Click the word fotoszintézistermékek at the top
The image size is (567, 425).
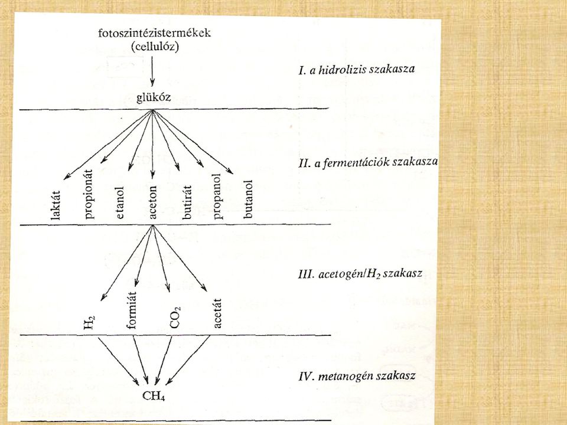[154, 33]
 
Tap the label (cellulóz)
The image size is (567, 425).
[155, 47]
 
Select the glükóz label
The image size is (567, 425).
[154, 98]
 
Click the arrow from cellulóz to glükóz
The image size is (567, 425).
[152, 71]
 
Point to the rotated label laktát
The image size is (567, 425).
[56, 205]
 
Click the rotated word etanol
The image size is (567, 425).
[120, 202]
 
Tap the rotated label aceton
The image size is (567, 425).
[152, 202]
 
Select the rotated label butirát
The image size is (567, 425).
[187, 202]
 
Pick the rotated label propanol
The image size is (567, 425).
[217, 197]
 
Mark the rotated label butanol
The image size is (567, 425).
[248, 199]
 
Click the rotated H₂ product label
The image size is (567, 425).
[89, 322]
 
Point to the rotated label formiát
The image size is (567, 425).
[132, 310]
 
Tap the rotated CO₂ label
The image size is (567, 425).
[175, 318]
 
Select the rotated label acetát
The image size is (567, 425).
[217, 313]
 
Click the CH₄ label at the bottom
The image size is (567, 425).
[154, 396]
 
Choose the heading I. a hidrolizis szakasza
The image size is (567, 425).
[357, 69]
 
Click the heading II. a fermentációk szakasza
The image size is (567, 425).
[368, 163]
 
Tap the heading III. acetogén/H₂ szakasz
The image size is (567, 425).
[360, 273]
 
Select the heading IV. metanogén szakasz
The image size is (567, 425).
[357, 377]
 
